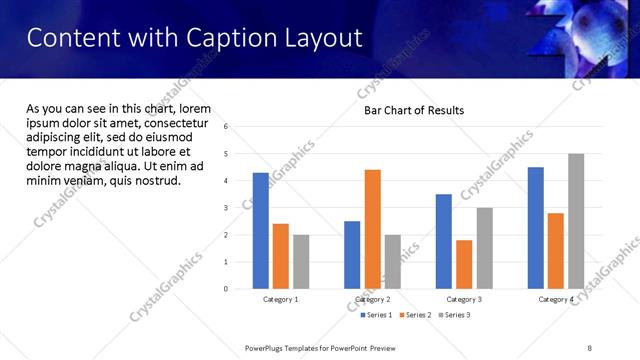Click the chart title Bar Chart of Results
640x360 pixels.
413,110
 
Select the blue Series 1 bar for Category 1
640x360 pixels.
261,231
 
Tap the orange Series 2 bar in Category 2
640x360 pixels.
372,229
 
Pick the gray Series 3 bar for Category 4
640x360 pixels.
575,221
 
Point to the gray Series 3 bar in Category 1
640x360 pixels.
301,262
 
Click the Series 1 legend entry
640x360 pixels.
376,315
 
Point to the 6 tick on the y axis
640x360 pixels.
227,127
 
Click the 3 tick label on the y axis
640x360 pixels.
227,208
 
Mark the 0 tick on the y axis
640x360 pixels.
227,289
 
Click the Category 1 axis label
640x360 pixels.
281,299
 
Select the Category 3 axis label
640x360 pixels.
464,299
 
